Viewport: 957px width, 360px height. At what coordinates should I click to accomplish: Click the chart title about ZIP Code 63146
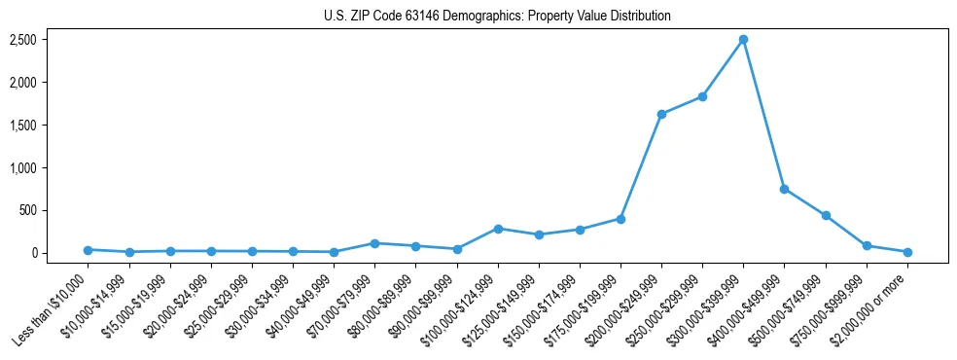point(497,17)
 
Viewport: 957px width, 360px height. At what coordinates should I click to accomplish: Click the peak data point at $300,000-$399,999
point(743,40)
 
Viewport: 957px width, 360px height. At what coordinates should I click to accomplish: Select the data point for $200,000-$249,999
point(661,114)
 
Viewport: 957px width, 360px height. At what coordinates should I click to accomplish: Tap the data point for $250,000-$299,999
point(702,97)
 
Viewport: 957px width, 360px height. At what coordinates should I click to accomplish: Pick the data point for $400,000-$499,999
point(784,189)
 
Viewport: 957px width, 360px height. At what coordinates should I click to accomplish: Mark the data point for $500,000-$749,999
point(826,215)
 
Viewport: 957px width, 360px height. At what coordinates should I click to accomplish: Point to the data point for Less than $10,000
point(88,250)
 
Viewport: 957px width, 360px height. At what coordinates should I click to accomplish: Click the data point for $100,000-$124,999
point(498,229)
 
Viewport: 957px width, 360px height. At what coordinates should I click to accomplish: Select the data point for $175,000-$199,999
point(620,219)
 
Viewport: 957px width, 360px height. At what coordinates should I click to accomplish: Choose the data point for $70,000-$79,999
point(374,243)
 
